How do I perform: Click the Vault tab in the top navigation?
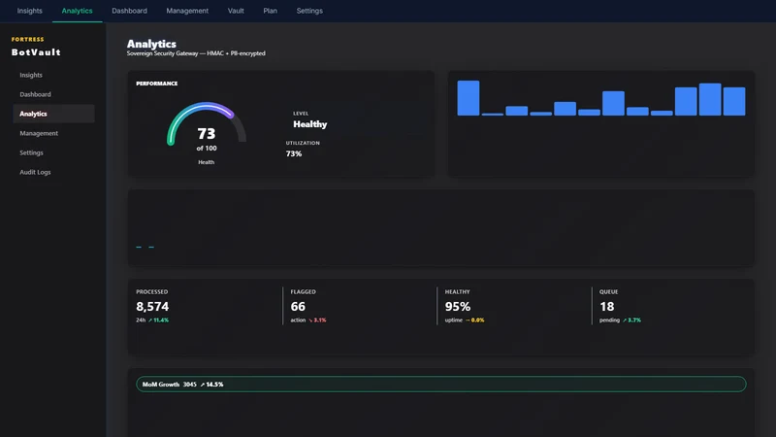pos(236,11)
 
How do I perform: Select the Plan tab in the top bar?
pos(271,11)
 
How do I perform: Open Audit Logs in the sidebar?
pos(35,172)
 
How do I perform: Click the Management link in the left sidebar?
pos(39,133)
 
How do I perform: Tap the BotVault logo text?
pos(36,52)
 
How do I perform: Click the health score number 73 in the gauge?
pos(207,133)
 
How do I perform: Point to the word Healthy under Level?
pos(309,124)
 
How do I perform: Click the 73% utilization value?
pos(294,153)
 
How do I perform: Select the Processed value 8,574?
pos(152,306)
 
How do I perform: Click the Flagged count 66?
pos(298,306)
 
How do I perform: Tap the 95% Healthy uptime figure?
pos(458,306)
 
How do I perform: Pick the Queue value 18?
pos(607,306)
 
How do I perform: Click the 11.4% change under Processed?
pos(161,320)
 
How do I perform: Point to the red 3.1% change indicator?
pos(320,320)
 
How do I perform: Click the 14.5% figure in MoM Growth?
pos(214,385)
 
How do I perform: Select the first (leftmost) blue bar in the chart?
pos(469,98)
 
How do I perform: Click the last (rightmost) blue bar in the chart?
pos(734,102)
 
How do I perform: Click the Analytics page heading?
pos(151,44)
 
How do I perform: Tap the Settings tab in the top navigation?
pos(309,11)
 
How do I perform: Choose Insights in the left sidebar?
pos(31,75)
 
